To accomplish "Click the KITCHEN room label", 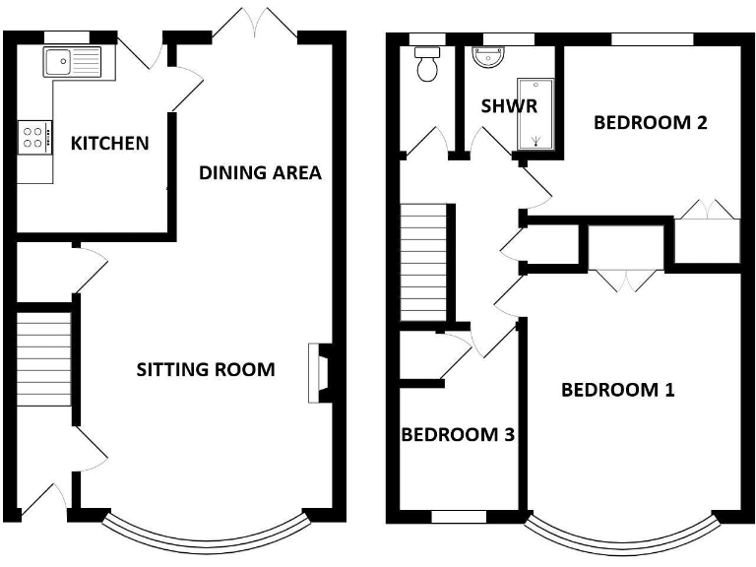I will [110, 144].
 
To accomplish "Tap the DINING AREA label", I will [260, 173].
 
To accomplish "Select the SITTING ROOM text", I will [205, 370].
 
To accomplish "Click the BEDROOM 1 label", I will [617, 390].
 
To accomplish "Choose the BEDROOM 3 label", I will [458, 434].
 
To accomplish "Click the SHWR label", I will [509, 106].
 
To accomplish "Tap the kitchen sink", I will [69, 62].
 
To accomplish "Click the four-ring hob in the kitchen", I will [33, 136].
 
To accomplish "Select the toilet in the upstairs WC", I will [428, 66].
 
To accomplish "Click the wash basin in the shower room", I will [489, 59].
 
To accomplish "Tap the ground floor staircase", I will [45, 359].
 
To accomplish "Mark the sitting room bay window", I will [205, 535].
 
